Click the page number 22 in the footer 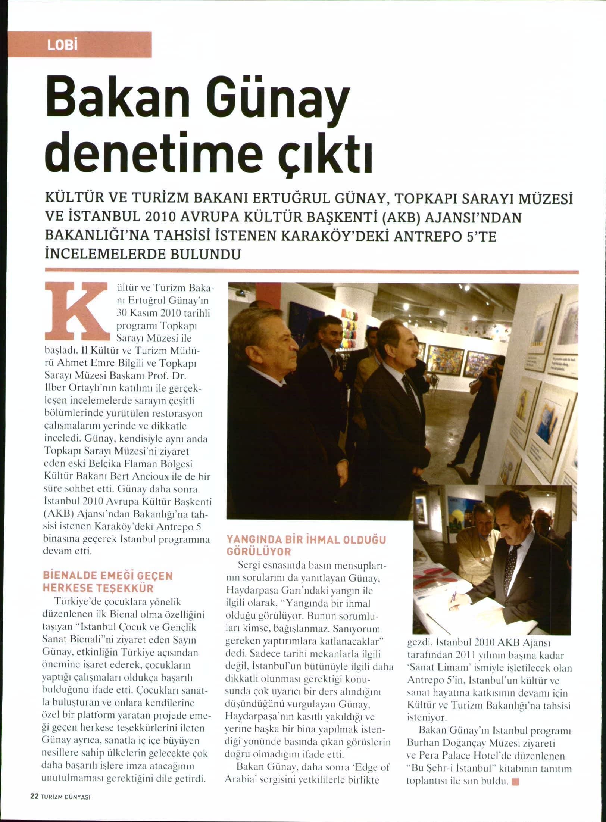point(34,806)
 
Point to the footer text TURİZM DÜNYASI point(65,807)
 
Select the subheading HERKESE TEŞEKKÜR point(98,589)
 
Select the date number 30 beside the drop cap point(122,312)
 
